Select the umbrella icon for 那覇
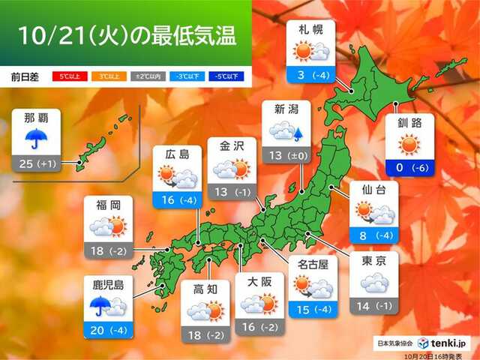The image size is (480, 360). point(35,138)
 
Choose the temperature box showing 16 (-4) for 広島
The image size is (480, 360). point(178,200)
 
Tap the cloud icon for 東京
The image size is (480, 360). point(376,283)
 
